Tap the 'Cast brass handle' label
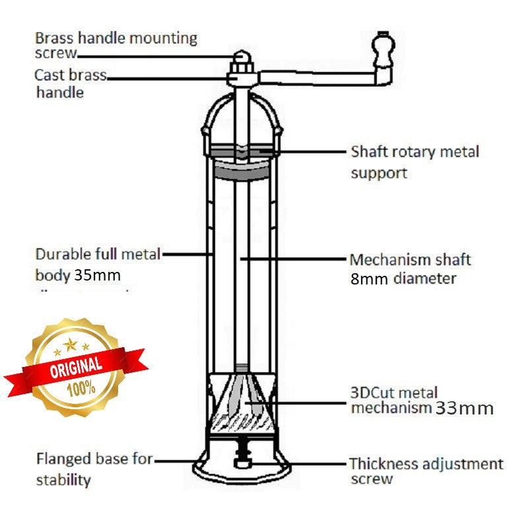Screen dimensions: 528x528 [x=69, y=83]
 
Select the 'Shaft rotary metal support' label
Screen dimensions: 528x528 [x=414, y=162]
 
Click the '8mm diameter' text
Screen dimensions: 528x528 [x=403, y=278]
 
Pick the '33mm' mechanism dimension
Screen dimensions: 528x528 [x=464, y=408]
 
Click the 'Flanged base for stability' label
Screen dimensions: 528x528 [x=94, y=468]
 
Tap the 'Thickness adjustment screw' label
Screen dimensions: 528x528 [x=426, y=471]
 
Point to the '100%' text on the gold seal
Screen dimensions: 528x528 [x=81, y=388]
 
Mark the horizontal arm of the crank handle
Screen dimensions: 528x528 [x=317, y=78]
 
